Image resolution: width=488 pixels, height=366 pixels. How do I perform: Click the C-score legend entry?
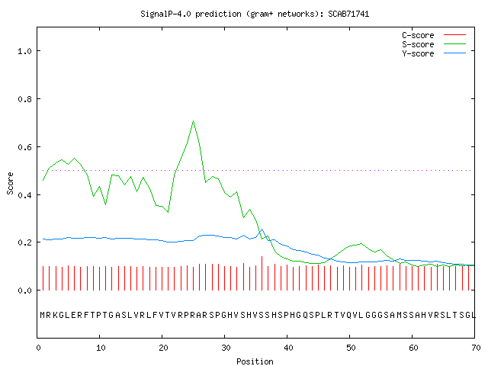click(434, 35)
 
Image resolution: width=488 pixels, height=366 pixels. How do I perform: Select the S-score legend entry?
click(434, 44)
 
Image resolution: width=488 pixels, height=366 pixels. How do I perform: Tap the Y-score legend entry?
click(434, 53)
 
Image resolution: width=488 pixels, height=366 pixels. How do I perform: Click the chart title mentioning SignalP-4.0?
click(255, 14)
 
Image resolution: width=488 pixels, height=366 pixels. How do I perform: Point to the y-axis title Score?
click(10, 183)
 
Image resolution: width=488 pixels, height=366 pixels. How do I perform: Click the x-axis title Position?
click(255, 361)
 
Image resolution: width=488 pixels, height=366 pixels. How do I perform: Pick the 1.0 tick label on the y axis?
click(25, 51)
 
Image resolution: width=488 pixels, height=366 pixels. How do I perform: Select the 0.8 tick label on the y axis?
click(25, 99)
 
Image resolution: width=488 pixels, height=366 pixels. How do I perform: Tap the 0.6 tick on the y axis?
click(25, 147)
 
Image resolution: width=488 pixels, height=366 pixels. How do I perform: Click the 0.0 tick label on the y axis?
click(25, 291)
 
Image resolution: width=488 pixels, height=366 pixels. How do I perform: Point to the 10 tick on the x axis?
click(101, 348)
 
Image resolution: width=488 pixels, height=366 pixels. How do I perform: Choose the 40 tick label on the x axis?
click(288, 348)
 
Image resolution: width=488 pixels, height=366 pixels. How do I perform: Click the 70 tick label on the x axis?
click(476, 348)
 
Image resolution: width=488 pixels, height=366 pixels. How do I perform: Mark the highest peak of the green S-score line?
click(193, 120)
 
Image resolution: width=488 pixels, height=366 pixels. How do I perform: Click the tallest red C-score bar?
click(262, 273)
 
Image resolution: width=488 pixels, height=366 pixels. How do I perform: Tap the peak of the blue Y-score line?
click(262, 230)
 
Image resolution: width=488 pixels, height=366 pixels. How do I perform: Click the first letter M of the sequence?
click(43, 315)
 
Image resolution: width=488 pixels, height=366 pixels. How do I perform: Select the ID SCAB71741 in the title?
click(348, 14)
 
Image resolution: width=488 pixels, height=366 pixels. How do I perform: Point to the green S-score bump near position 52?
click(361, 244)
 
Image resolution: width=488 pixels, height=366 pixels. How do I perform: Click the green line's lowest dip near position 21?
click(168, 212)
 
